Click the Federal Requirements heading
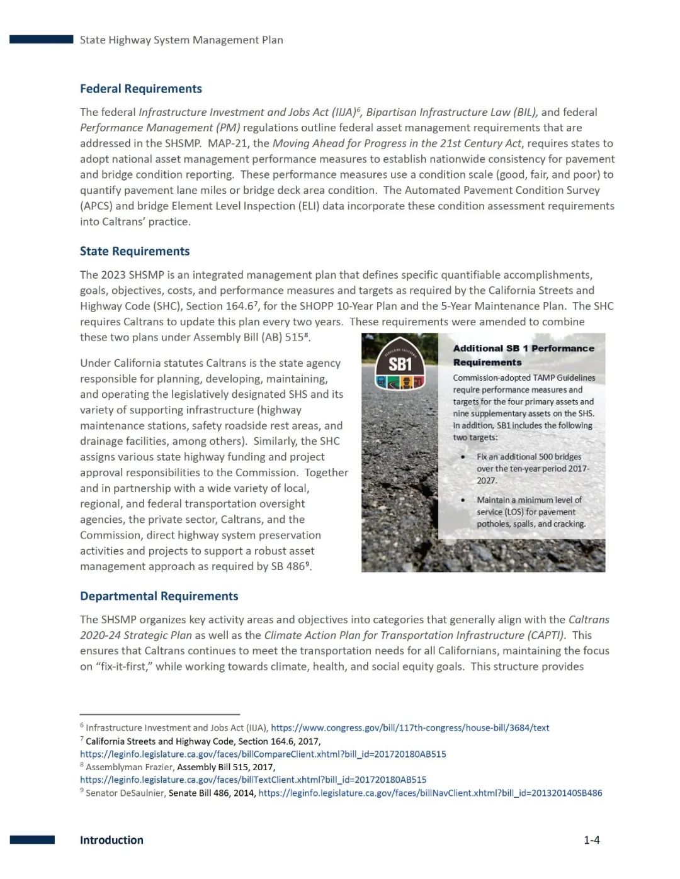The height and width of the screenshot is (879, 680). [x=140, y=89]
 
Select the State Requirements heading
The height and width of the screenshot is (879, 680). [x=134, y=251]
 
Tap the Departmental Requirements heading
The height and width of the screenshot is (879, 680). [x=159, y=596]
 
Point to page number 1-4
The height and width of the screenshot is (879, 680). [x=591, y=840]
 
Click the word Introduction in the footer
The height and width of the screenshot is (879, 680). [x=111, y=840]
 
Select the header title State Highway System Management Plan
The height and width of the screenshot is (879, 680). [x=181, y=40]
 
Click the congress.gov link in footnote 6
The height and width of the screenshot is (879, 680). [x=410, y=728]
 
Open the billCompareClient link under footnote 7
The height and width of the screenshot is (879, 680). [x=263, y=754]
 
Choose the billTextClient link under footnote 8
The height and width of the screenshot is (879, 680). [x=253, y=780]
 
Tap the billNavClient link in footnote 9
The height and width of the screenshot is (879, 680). [x=430, y=793]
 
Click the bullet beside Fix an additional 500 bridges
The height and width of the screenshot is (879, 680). [x=463, y=457]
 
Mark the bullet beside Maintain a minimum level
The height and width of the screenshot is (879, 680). [x=463, y=500]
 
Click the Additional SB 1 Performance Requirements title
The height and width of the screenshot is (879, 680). [x=523, y=355]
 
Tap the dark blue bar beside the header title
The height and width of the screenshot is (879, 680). [x=41, y=40]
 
